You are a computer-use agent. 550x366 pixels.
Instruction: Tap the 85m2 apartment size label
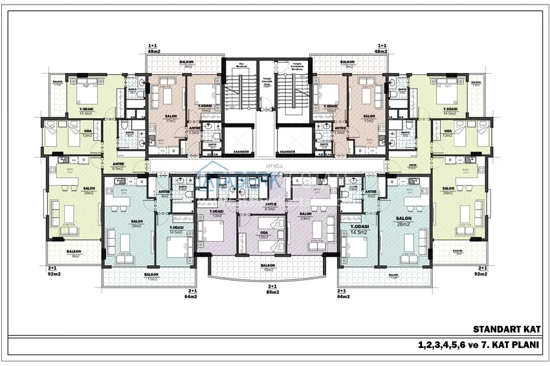[272, 290]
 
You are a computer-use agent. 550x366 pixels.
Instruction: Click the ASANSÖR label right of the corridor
[285, 153]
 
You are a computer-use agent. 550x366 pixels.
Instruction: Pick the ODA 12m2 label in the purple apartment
[264, 234]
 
